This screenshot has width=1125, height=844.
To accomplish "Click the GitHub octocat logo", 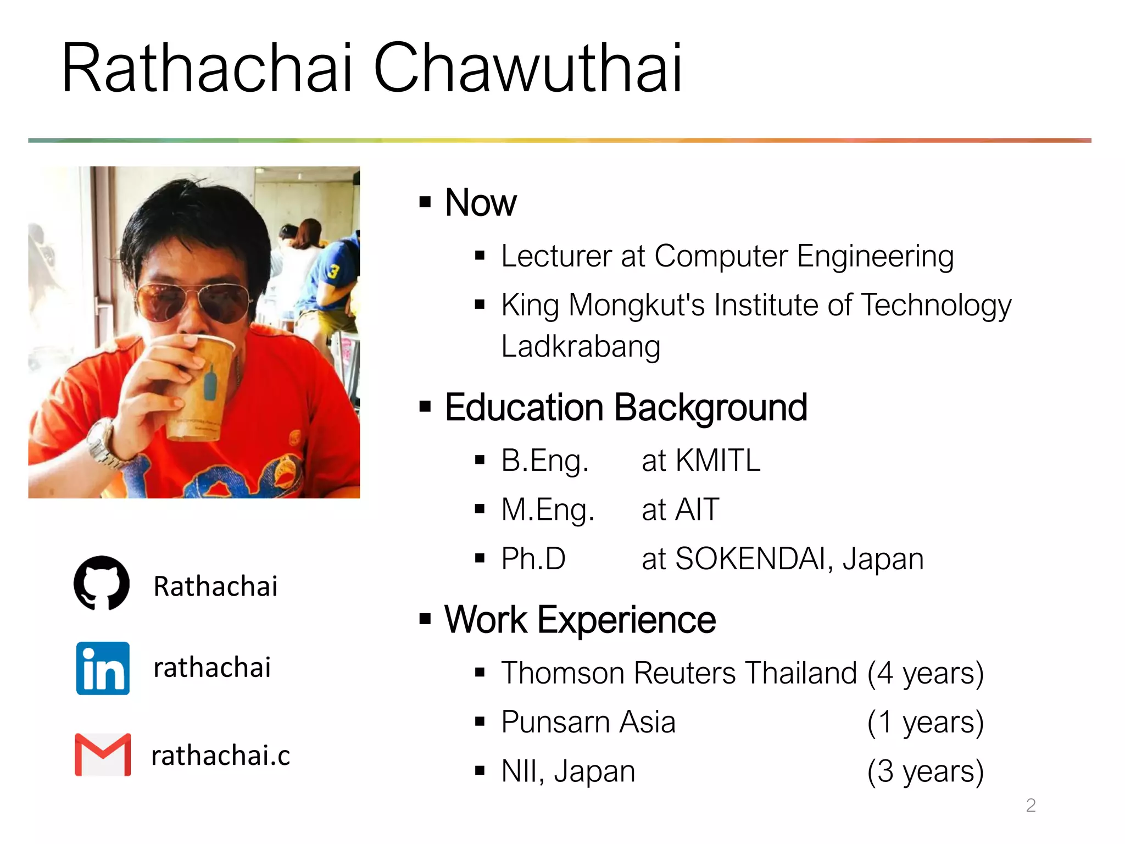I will (102, 583).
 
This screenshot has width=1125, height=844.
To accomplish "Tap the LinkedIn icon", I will (103, 668).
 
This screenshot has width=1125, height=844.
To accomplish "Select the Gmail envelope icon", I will (103, 754).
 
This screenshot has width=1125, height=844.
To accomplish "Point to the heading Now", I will (481, 203).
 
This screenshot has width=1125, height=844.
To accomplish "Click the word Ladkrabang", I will (581, 347).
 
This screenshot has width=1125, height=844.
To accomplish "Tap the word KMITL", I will (717, 460).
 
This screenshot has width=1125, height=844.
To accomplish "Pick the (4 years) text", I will (925, 673).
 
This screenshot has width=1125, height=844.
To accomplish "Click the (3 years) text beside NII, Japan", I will (925, 771).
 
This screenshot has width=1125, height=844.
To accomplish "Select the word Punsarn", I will (555, 722).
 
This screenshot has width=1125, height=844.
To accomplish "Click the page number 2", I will (1031, 805).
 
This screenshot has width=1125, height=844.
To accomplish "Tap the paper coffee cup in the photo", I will (201, 385).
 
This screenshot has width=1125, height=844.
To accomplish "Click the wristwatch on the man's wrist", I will (107, 445).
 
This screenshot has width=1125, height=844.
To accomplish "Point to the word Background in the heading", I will (710, 408).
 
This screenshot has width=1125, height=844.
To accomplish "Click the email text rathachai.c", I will (220, 755).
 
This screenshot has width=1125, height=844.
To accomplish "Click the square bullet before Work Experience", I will (425, 619).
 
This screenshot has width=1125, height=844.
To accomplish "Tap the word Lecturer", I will (556, 256).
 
